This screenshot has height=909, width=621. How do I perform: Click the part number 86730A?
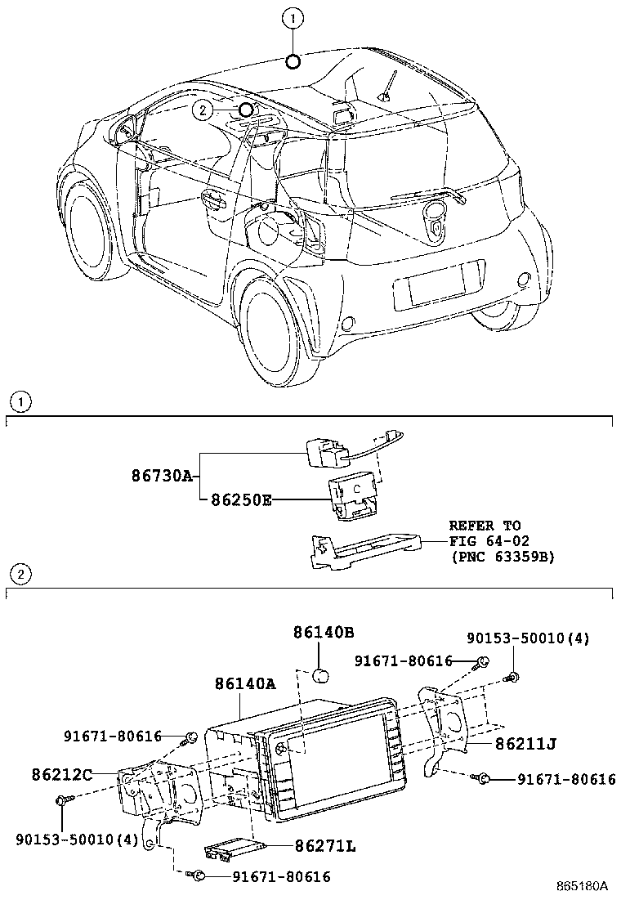pyautogui.click(x=162, y=475)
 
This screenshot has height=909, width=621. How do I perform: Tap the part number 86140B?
pyautogui.click(x=324, y=632)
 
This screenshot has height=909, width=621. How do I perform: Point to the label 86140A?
pyautogui.click(x=246, y=684)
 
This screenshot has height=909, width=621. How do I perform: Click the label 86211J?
pyautogui.click(x=525, y=744)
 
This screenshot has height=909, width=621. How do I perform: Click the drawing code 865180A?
pyautogui.click(x=583, y=885)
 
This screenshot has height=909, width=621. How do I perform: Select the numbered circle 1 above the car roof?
pyautogui.click(x=293, y=16)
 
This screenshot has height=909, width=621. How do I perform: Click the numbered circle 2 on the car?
pyautogui.click(x=203, y=109)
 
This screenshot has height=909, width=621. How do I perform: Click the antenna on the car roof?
pyautogui.click(x=387, y=87)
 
